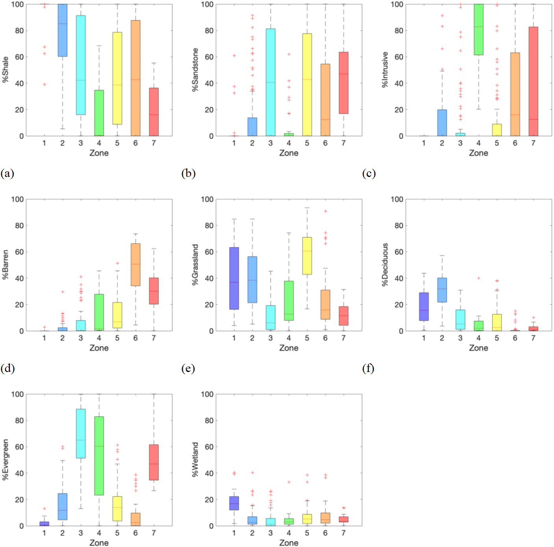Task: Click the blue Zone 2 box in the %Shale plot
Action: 62,30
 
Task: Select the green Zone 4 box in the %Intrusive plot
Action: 478,30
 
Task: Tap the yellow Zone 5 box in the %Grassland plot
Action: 307,256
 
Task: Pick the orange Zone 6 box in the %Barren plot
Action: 136,264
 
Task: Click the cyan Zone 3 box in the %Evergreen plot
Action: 81,434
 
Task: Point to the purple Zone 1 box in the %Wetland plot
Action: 234,503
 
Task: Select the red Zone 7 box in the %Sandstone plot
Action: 344,83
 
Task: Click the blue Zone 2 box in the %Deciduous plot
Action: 442,290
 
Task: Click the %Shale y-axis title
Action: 5,69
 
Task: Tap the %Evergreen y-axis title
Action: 5,460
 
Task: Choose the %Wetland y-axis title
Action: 195,460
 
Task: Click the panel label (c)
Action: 369,173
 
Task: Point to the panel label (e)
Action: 188,368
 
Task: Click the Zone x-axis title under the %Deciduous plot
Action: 478,348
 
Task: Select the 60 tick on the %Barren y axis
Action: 19,252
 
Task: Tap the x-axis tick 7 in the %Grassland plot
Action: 344,338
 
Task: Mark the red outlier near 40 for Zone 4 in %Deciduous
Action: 479,278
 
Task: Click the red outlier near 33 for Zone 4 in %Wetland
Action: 289,482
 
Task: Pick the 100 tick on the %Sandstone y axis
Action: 207,4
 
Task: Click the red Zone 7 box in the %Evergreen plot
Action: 154,462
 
